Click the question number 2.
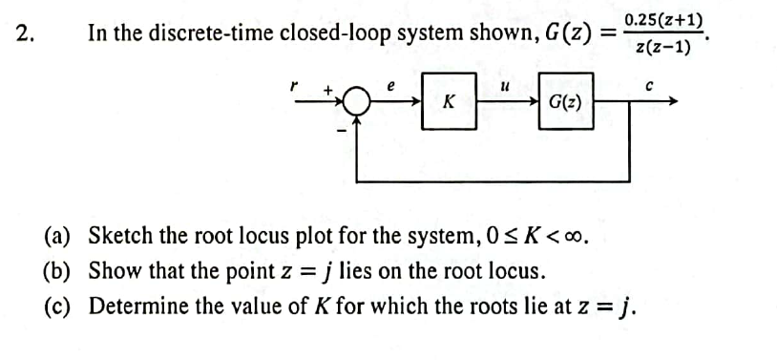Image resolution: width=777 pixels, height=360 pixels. (x=26, y=33)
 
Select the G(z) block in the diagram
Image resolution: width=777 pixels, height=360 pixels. (x=568, y=98)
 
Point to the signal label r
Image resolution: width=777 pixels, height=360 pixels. (x=295, y=85)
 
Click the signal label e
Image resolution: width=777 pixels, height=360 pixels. (x=389, y=84)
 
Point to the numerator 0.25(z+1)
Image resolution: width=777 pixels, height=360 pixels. (x=663, y=20)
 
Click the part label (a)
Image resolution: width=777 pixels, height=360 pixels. (x=60, y=236)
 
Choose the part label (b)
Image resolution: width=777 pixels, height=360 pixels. (x=60, y=271)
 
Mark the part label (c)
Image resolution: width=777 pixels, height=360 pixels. (x=59, y=307)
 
